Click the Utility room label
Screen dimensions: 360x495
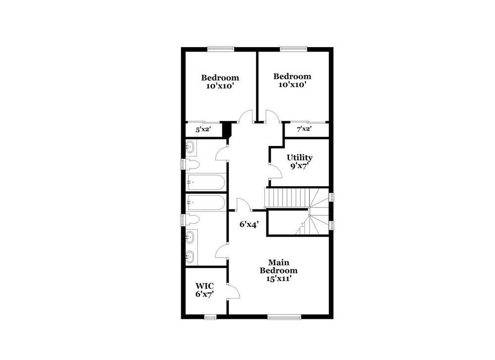pyautogui.click(x=299, y=157)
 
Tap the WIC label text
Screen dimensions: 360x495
pyautogui.click(x=204, y=286)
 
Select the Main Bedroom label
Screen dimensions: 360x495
pyautogui.click(x=279, y=266)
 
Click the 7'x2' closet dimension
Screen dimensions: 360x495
pyautogui.click(x=304, y=129)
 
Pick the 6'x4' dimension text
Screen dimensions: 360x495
pyautogui.click(x=250, y=224)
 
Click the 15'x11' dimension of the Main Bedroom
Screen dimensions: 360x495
pyautogui.click(x=279, y=278)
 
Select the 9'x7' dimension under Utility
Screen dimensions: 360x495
pyautogui.click(x=299, y=166)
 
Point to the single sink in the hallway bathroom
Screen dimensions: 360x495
pyautogui.click(x=191, y=147)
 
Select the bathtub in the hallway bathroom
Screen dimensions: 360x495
pyautogui.click(x=205, y=182)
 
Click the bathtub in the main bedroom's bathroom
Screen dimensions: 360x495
pyautogui.click(x=205, y=202)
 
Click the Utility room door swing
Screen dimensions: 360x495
pyautogui.click(x=275, y=171)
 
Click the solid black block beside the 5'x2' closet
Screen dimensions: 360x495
pyautogui.click(x=227, y=130)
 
